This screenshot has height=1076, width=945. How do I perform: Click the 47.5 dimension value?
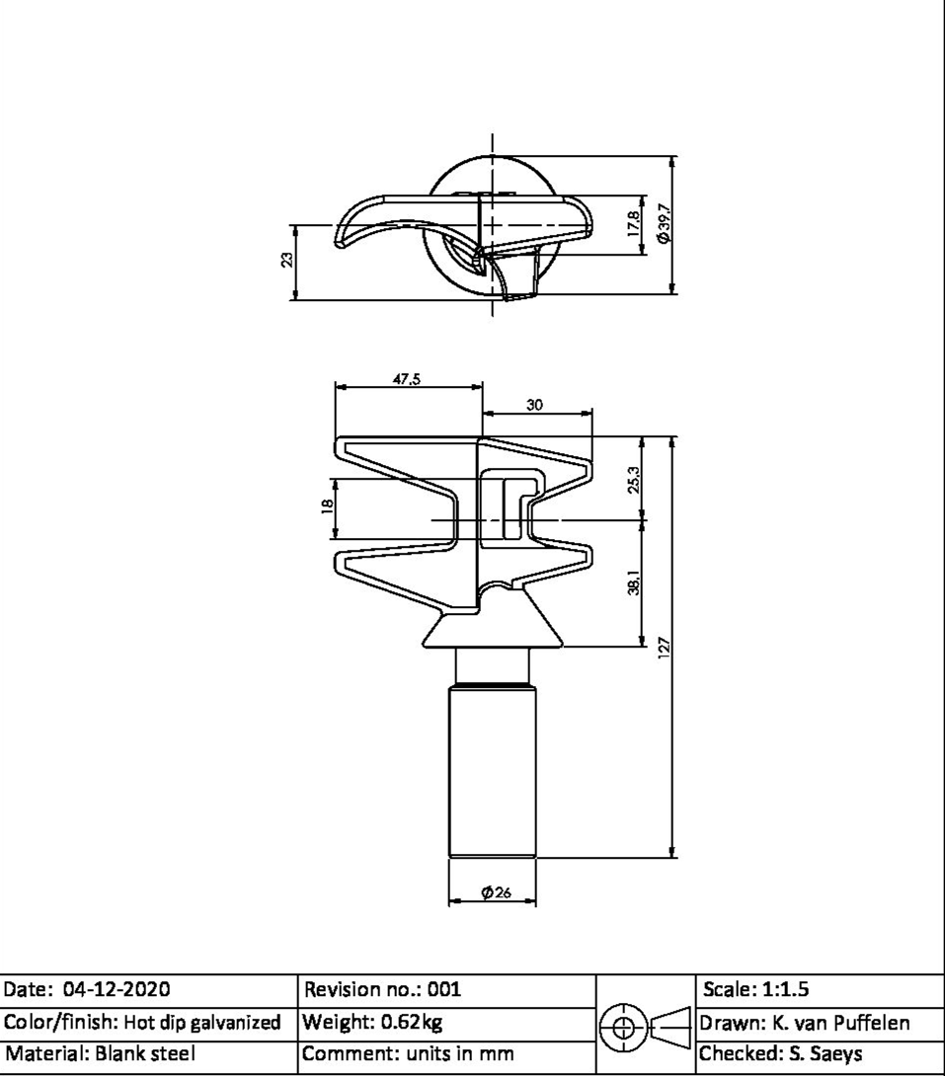(x=406, y=379)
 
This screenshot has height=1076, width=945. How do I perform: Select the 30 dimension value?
(x=534, y=405)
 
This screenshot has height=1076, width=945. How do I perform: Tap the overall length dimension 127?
(x=663, y=648)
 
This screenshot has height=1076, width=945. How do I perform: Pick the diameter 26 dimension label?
(x=496, y=892)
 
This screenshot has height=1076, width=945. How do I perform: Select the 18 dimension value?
(x=328, y=505)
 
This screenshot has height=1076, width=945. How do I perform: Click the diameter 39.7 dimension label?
(x=664, y=223)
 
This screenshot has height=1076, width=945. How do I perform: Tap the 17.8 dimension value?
(x=633, y=224)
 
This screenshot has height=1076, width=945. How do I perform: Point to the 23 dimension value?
(x=287, y=260)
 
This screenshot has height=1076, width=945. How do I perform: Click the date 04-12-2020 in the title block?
(x=117, y=989)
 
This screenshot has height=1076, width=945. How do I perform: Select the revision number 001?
(x=444, y=989)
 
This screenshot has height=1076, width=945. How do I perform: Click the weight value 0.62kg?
(x=412, y=1022)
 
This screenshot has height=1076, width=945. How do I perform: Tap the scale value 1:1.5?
(x=785, y=989)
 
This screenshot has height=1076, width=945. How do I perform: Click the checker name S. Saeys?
(x=821, y=1053)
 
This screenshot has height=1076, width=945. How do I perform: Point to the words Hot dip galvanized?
(x=201, y=1023)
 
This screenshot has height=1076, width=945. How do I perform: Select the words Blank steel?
(x=145, y=1053)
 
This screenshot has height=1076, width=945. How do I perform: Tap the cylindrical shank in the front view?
(x=493, y=771)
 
